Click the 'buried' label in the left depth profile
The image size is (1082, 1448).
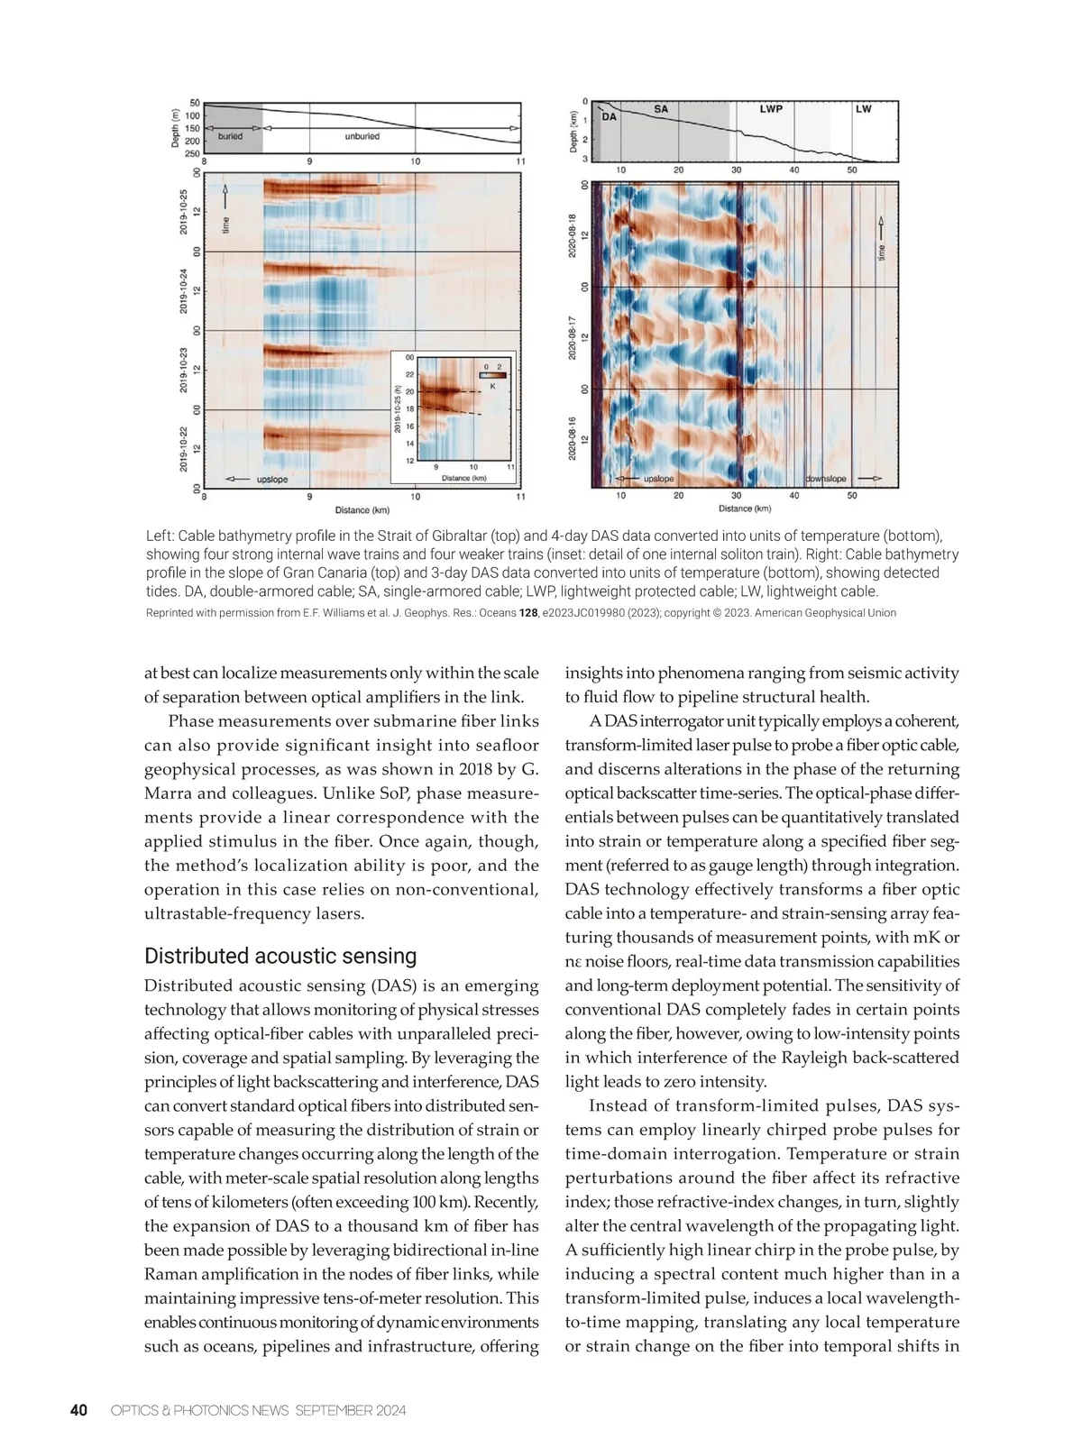point(230,136)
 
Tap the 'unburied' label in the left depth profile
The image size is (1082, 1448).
point(362,136)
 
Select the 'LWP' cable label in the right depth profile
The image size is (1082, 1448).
point(771,109)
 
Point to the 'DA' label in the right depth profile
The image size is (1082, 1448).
point(610,116)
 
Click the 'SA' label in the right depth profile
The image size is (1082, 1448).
point(661,109)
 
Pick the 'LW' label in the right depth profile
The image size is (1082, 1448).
point(863,109)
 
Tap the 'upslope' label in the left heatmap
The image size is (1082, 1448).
point(271,480)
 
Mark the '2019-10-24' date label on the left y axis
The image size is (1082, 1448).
point(183,291)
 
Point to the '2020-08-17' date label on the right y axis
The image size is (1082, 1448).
point(573,337)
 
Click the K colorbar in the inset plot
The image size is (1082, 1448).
point(492,375)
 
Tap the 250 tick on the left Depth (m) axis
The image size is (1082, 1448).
point(192,154)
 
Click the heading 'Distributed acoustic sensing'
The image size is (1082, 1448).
point(280,956)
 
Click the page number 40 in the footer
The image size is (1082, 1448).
point(78,1410)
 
